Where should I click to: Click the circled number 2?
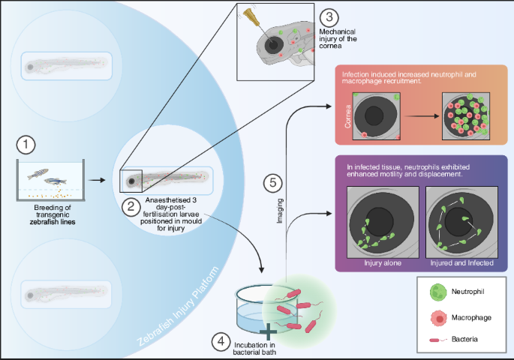pyautogui.click(x=132, y=205)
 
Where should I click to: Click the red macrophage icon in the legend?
pyautogui.click(x=434, y=318)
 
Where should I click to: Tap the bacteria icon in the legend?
pyautogui.click(x=434, y=340)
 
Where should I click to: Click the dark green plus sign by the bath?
pyautogui.click(x=267, y=330)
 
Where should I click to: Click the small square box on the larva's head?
pyautogui.click(x=132, y=180)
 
